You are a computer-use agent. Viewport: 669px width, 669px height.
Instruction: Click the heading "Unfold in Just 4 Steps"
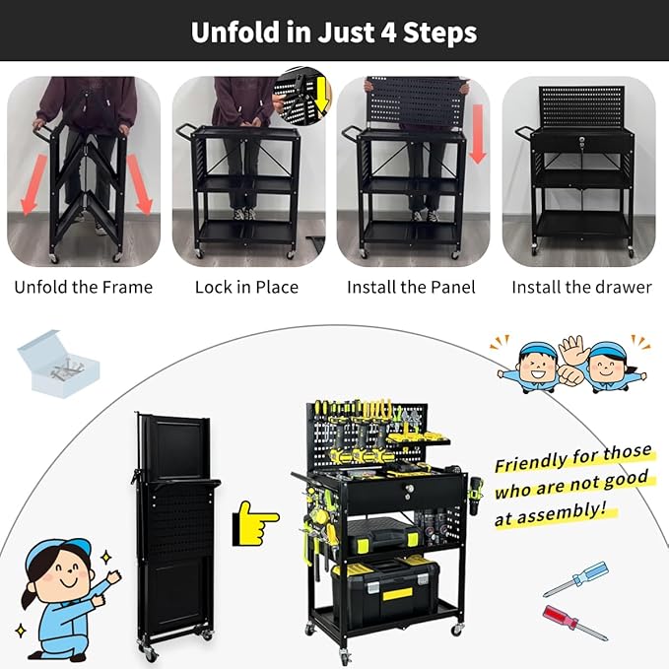334,32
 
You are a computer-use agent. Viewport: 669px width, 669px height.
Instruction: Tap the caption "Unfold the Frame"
84,288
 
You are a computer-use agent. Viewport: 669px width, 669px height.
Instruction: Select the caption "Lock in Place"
246,288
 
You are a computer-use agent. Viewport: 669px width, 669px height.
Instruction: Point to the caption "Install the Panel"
411,288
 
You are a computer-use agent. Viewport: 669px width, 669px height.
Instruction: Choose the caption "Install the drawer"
581,288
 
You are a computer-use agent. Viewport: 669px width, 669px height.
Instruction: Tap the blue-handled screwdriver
575,578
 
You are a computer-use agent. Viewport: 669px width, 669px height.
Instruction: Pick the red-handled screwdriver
575,623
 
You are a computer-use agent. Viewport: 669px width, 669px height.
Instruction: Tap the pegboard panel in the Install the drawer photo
581,107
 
